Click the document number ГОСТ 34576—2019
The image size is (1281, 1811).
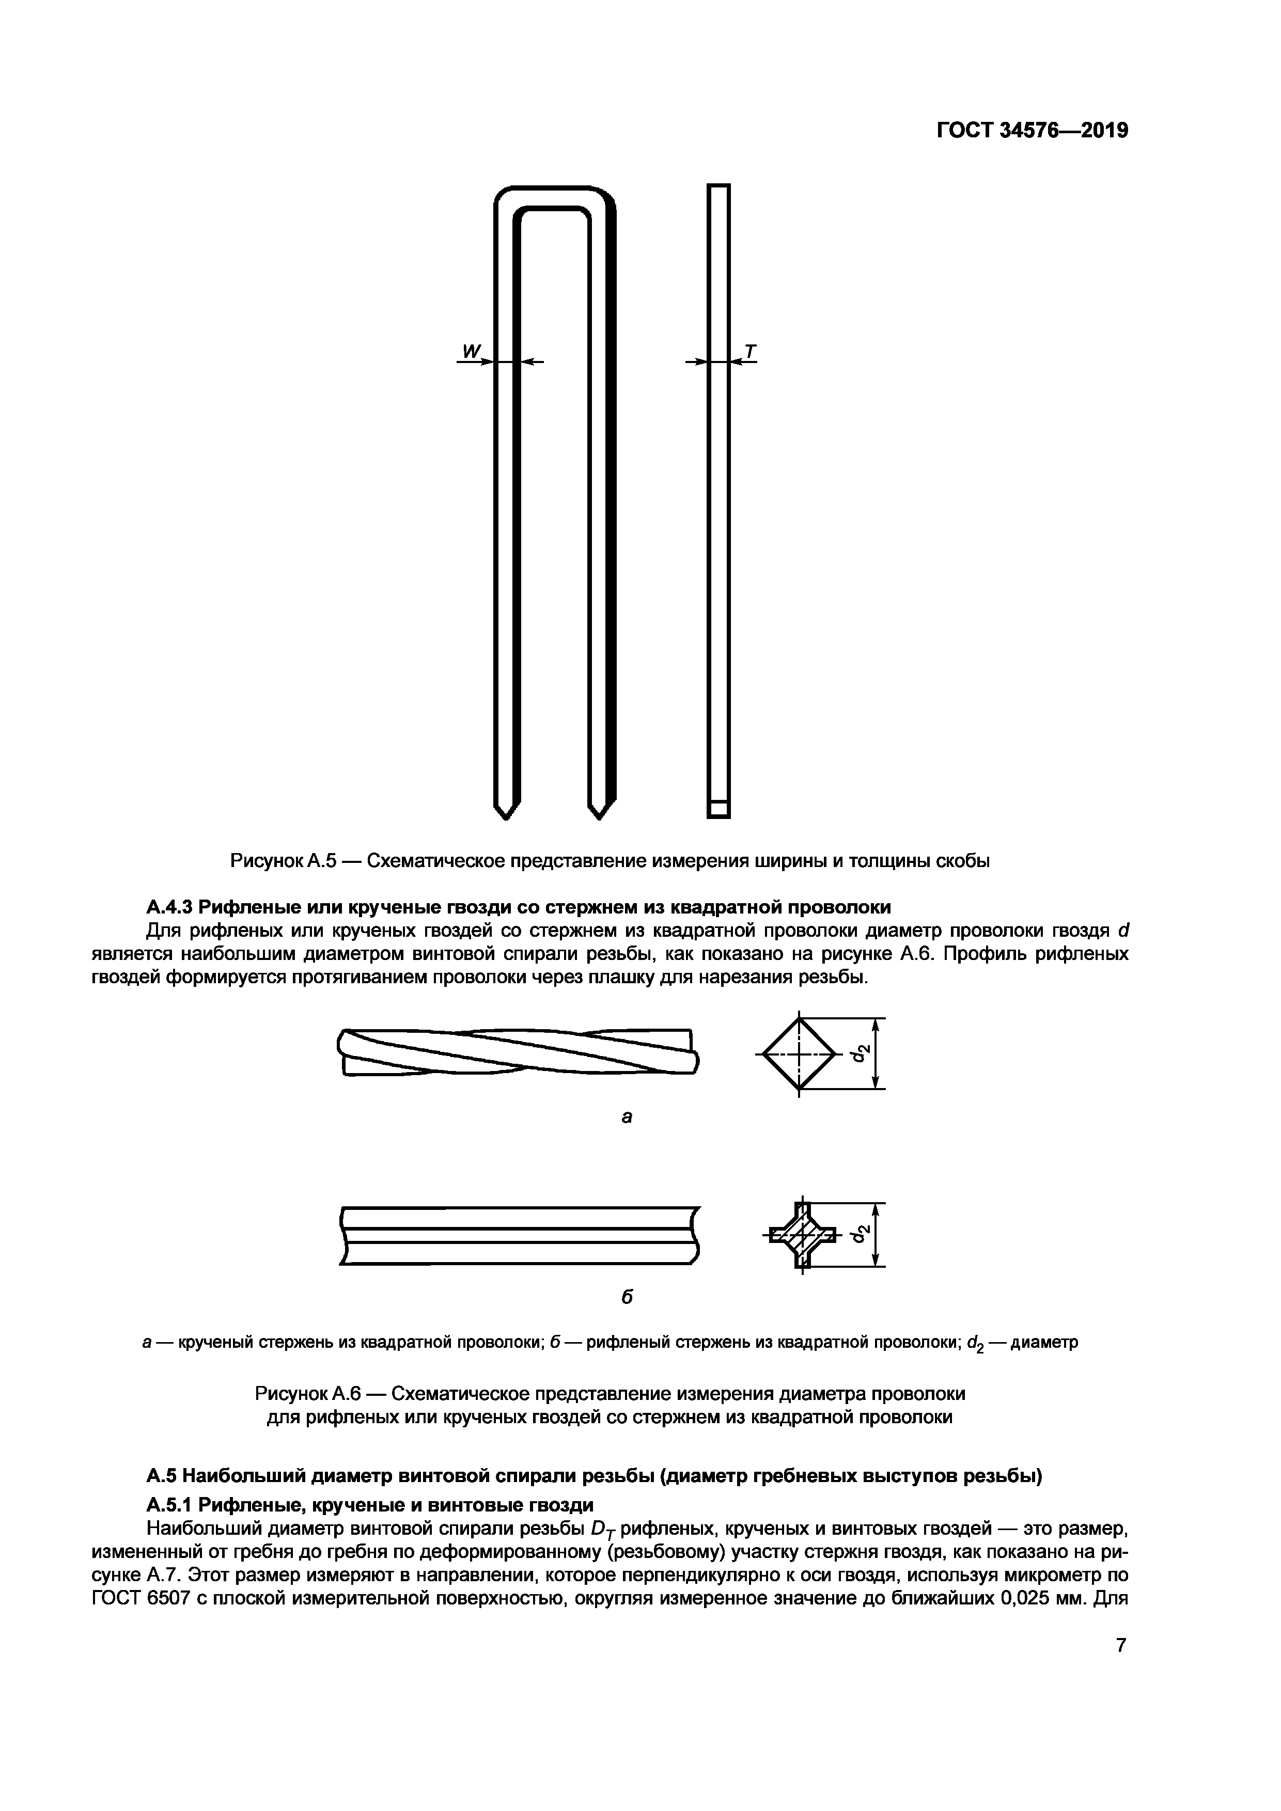pos(1033,130)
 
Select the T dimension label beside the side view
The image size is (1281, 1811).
pos(749,351)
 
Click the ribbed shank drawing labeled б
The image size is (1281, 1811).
pos(518,1235)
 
